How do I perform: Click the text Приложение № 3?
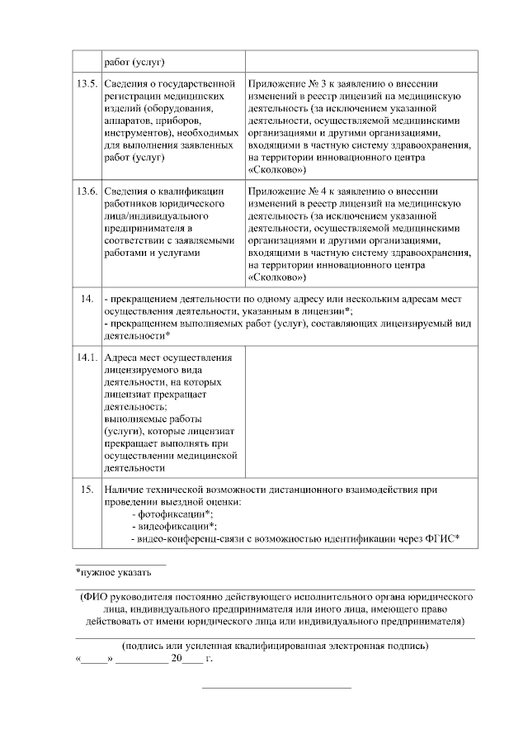click(285, 84)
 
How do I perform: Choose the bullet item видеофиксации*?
click(175, 526)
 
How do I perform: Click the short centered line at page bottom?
click(277, 688)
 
